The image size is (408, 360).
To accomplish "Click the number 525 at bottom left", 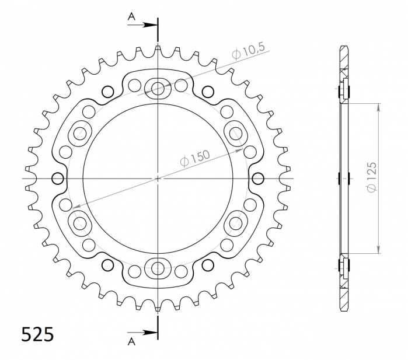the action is pyautogui.click(x=37, y=334).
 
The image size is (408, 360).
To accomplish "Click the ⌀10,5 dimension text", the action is pyautogui.click(x=248, y=51).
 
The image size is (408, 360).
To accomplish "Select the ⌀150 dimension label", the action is pyautogui.click(x=194, y=158).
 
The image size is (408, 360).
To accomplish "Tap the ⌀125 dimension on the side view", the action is pyautogui.click(x=372, y=177).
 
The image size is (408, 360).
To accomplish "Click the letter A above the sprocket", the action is pyautogui.click(x=132, y=17).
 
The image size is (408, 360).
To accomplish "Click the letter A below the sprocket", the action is pyautogui.click(x=132, y=341).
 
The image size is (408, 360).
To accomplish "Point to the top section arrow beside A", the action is pyautogui.click(x=142, y=25).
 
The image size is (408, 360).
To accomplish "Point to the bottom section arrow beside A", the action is pyautogui.click(x=142, y=333).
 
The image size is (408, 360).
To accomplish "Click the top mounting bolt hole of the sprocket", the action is pyautogui.click(x=158, y=89).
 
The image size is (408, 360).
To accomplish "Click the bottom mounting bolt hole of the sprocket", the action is pyautogui.click(x=158, y=268).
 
